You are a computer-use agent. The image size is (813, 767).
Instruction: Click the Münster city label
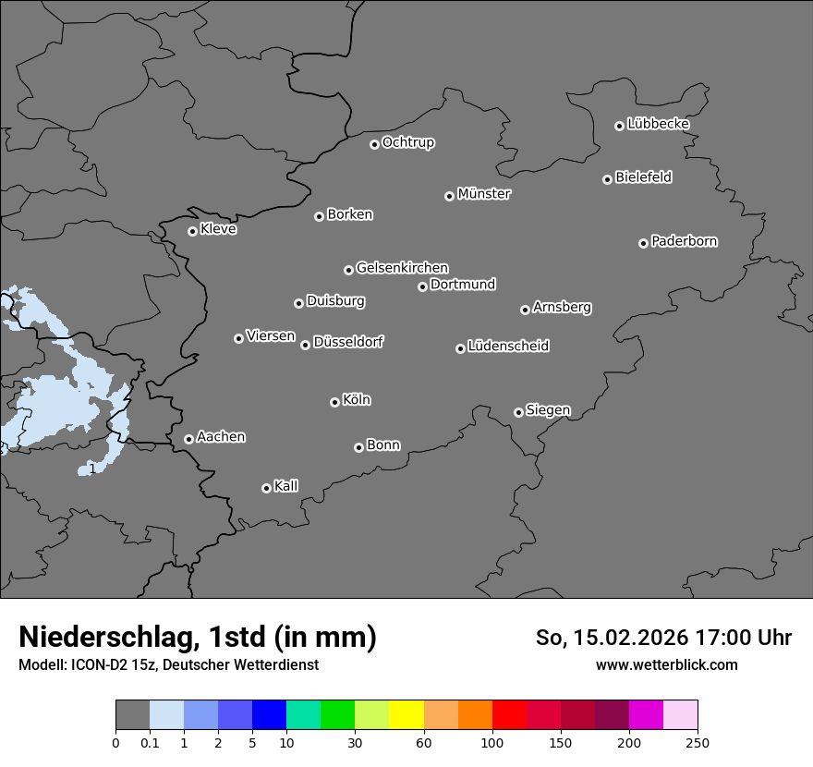coord(484,194)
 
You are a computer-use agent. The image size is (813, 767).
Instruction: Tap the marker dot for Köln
coord(334,402)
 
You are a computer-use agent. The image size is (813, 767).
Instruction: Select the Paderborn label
coord(685,241)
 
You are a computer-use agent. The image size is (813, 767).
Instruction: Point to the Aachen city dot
coord(188,439)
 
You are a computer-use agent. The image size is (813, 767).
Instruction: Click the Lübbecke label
coord(658,124)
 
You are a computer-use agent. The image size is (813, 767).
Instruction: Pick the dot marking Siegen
coord(518,412)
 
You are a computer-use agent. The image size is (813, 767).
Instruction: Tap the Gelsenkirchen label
coord(402,268)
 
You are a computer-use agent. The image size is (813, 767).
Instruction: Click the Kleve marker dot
coord(192,231)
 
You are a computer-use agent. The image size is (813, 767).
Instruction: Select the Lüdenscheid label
coord(508,347)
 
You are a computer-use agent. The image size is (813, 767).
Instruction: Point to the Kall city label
coord(286,486)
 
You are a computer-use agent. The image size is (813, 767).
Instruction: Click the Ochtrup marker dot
coord(374,144)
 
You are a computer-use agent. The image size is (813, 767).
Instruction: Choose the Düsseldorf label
coord(348,342)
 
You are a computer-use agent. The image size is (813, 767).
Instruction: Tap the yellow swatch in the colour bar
coord(406,715)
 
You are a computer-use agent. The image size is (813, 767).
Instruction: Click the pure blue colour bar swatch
coord(269,715)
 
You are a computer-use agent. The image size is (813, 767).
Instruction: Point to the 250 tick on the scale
coord(698,742)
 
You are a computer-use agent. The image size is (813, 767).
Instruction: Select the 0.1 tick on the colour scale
coord(149,742)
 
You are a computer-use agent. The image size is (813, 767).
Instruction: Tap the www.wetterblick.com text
coord(666,664)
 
